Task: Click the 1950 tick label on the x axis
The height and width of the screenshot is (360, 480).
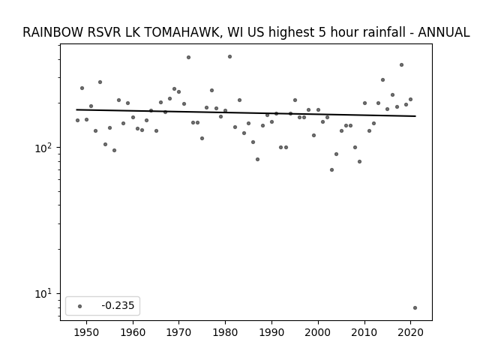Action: (86, 332)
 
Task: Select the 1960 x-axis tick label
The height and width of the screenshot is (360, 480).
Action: (133, 332)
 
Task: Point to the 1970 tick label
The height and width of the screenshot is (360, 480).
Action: (179, 332)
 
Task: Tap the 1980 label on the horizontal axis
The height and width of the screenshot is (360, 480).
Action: (225, 332)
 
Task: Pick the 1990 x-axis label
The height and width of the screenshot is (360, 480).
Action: (271, 332)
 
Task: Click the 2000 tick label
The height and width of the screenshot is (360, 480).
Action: (318, 332)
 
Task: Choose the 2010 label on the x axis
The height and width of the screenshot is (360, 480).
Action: (364, 332)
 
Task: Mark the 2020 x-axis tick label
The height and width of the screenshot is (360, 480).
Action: (411, 332)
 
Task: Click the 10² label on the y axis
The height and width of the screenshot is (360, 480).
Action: (44, 148)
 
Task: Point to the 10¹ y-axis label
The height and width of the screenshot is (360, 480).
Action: (44, 294)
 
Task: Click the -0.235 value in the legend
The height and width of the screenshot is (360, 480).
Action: (118, 305)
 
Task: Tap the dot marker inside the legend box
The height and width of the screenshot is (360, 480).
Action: (80, 306)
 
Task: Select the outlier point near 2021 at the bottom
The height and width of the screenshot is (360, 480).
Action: (415, 308)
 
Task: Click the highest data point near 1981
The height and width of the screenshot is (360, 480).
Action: (230, 57)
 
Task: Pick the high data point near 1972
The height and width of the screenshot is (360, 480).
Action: (188, 57)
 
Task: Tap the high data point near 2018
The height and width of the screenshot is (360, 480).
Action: (402, 65)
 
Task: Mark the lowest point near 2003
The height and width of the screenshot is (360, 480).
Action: (331, 170)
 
